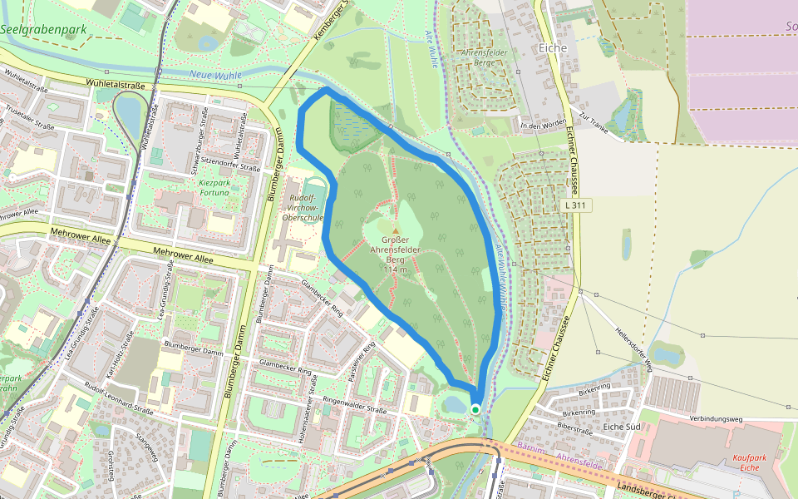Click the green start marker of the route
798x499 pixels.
pyautogui.click(x=475, y=409)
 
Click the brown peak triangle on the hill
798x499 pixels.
pyautogui.click(x=396, y=231)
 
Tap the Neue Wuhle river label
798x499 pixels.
pyautogui.click(x=214, y=75)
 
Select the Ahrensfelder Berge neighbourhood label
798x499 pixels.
pyautogui.click(x=484, y=57)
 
